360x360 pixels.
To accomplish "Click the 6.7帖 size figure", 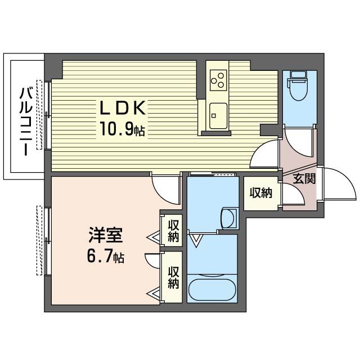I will (x=105, y=258).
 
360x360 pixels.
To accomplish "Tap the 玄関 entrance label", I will (x=303, y=179).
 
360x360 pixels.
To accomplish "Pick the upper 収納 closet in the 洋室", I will (x=173, y=230).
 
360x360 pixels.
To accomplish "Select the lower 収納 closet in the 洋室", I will (x=173, y=276).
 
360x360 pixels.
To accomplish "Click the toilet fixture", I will (x=296, y=84).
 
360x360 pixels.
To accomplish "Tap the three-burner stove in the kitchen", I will (x=218, y=80).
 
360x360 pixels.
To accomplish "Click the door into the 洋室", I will (x=166, y=190).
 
